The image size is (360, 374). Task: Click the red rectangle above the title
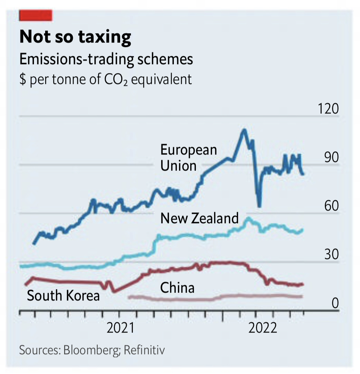coord(36,15)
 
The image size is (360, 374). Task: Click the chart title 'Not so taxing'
coord(75,37)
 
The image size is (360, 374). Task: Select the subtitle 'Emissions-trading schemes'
coord(106,60)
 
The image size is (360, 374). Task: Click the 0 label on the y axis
coord(335,303)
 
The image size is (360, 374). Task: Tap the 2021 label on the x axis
coord(120,328)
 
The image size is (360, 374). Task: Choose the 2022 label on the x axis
coord(263,328)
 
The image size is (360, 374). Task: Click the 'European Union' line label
coord(188,158)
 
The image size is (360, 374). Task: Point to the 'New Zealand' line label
coord(199,218)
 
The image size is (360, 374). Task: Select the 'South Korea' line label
coord(63,296)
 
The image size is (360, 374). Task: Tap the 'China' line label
coord(177,288)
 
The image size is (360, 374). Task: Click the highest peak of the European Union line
coord(244,130)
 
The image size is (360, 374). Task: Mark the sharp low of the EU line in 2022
coord(259,206)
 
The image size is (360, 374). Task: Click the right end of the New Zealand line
coord(302,230)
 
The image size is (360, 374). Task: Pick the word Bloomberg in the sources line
coord(92,350)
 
